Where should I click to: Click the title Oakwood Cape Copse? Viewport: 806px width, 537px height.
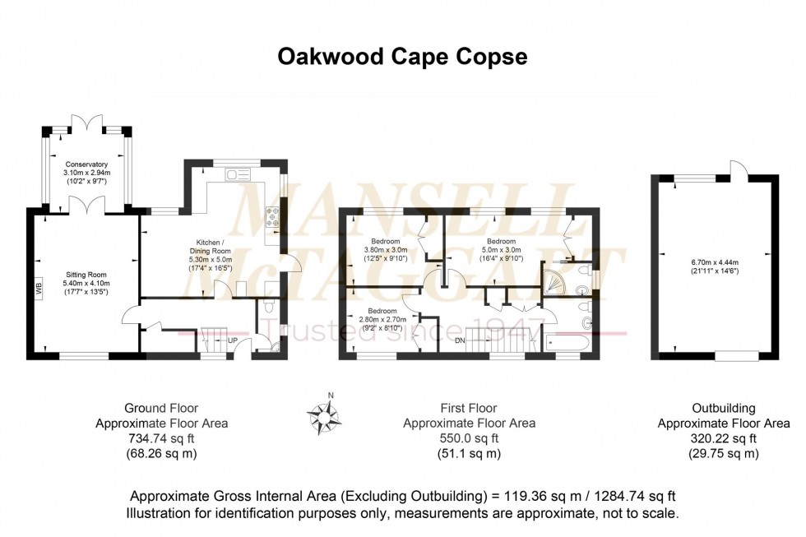402,56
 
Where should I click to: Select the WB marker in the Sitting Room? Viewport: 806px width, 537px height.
38,289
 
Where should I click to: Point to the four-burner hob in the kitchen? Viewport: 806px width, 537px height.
272,216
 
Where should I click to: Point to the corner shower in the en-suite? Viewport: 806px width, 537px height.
553,281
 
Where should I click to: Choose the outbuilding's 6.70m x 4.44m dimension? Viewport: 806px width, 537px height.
715,267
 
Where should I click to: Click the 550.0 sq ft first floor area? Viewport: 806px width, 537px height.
468,438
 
